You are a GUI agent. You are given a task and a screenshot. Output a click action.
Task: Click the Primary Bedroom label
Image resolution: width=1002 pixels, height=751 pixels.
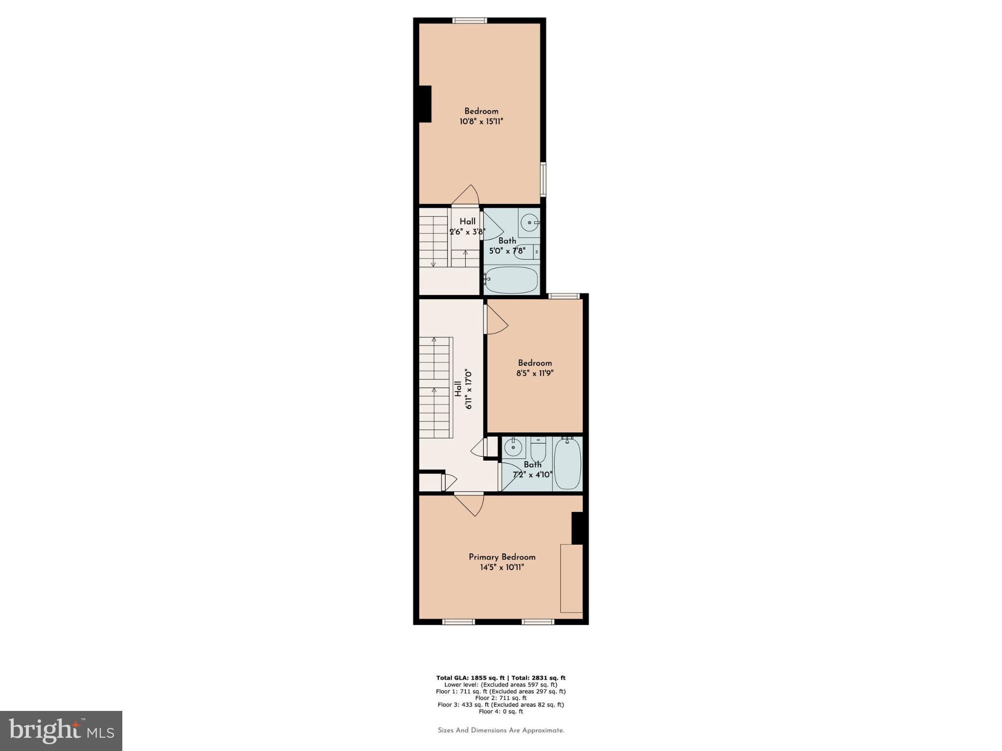[502, 557]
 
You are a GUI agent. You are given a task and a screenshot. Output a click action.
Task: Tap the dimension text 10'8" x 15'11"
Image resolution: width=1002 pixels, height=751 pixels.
[481, 121]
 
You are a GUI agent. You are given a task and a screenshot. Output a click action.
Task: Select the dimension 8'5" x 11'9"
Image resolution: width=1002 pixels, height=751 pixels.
[535, 373]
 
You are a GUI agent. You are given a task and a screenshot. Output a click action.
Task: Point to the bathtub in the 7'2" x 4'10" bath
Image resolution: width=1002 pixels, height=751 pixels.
[567, 463]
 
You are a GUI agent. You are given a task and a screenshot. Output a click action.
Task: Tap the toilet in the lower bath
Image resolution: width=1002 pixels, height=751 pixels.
[538, 449]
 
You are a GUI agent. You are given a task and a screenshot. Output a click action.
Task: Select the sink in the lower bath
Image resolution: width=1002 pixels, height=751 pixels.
[513, 447]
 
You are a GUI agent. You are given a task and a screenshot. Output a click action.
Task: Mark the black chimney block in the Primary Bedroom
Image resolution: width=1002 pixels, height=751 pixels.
[577, 528]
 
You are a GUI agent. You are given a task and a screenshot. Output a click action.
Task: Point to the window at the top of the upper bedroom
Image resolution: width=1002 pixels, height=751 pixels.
[470, 21]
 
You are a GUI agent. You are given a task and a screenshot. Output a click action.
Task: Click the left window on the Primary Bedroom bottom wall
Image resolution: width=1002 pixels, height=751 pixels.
[458, 622]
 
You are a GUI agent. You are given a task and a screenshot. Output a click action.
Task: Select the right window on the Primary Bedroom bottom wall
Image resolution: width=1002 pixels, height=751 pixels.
[538, 622]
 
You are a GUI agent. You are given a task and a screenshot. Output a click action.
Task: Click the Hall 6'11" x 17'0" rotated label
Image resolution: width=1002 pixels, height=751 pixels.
[463, 389]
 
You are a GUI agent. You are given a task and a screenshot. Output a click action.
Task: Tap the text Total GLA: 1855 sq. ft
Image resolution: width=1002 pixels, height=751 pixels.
[470, 678]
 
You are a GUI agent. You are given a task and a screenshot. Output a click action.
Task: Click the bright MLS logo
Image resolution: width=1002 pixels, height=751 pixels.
[61, 731]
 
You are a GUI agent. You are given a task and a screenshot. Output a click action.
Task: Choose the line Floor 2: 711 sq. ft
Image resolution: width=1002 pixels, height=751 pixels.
[501, 698]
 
